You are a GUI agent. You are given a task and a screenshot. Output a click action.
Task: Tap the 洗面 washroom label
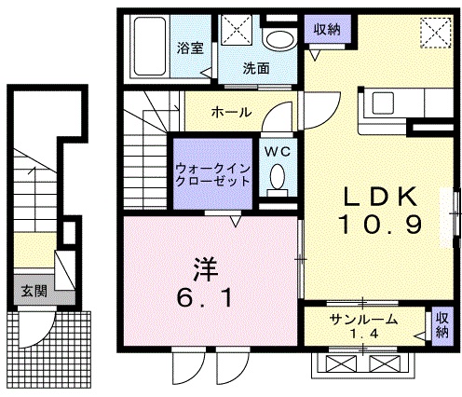click(256, 68)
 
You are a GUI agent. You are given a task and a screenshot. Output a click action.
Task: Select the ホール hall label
click(230, 112)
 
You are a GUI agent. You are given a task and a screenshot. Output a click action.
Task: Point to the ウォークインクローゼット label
click(212, 174)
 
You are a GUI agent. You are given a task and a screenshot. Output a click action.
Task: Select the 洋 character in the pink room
click(207, 267)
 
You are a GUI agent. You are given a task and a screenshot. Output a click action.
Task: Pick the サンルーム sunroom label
click(363, 320)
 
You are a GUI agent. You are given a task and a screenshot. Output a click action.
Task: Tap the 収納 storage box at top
click(320, 29)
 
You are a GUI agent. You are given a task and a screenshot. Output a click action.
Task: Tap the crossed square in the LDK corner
click(434, 33)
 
